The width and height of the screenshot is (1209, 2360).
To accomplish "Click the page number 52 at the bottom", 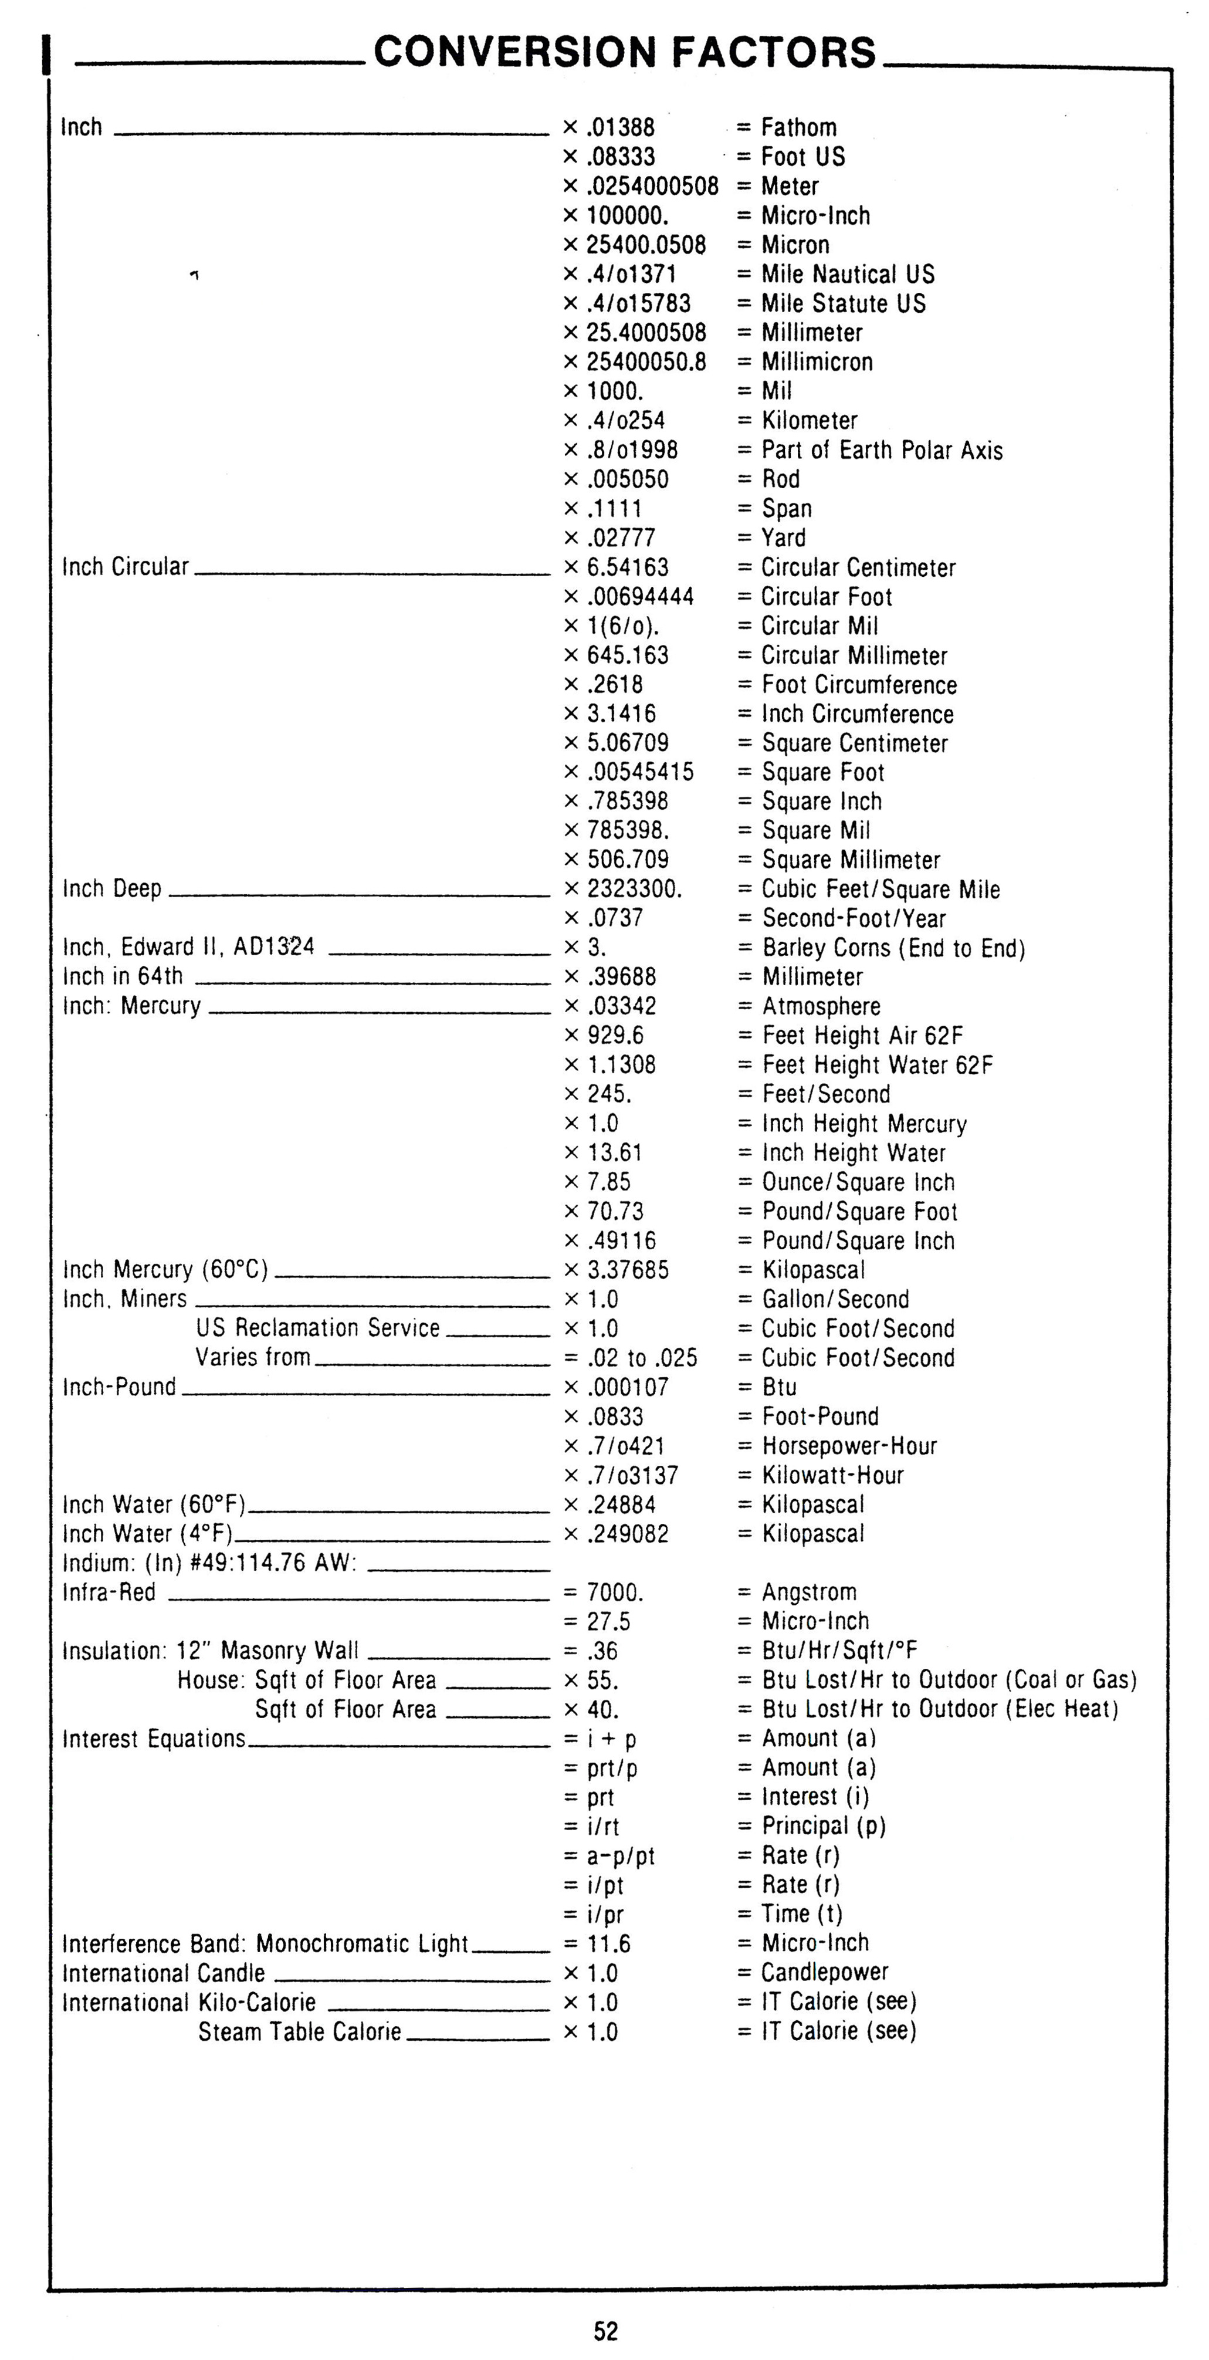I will coord(605,2329).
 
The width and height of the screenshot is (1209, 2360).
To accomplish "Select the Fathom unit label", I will coord(799,127).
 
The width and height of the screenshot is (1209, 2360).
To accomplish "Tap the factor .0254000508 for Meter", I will coord(652,186).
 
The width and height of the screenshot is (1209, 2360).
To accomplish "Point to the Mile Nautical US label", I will coord(847,274).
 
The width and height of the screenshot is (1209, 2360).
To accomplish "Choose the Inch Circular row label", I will coord(126,567).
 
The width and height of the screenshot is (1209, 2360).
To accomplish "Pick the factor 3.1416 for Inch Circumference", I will coord(621,714).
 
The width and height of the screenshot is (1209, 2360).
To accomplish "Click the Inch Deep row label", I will coord(111,888).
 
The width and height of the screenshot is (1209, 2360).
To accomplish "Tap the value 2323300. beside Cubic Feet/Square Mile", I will coord(634,888).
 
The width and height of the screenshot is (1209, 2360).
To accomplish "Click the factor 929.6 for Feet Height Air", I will coord(615,1035).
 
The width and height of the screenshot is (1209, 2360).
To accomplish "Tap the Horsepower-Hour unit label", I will coord(849,1446).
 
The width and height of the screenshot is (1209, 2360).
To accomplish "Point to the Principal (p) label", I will coord(824,1826).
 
